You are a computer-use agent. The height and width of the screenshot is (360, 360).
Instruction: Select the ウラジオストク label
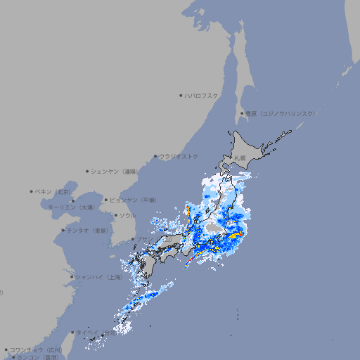pyautogui.click(x=179, y=156)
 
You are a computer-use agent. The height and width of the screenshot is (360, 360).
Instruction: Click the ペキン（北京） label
pyautogui.click(x=53, y=191)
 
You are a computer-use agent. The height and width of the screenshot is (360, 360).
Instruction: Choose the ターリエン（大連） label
pyautogui.click(x=70, y=207)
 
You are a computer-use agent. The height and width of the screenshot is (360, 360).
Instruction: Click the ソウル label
pyautogui.click(x=127, y=215)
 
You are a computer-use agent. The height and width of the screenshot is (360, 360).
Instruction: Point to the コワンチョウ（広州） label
pyautogui.click(x=35, y=349)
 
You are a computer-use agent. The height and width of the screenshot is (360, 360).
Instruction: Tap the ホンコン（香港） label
pyautogui.click(x=39, y=357)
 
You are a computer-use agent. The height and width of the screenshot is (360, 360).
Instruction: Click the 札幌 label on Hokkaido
pyautogui.click(x=240, y=157)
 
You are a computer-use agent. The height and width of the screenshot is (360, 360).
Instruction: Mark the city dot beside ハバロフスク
pyautogui.click(x=181, y=95)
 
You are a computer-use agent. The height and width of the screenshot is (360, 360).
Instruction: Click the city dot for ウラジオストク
pyautogui.click(x=155, y=156)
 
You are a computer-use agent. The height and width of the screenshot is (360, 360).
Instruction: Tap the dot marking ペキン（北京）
pyautogui.click(x=32, y=191)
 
